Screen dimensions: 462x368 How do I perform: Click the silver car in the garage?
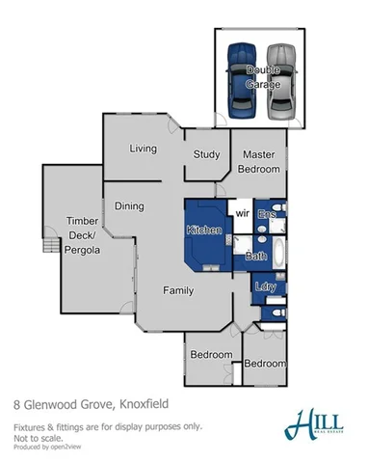pyautogui.click(x=279, y=79)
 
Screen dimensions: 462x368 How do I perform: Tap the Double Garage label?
pyautogui.click(x=262, y=76)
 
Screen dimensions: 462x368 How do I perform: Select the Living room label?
pyautogui.click(x=144, y=148)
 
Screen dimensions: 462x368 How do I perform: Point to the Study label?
pyautogui.click(x=206, y=153)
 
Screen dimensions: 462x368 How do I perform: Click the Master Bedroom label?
pyautogui.click(x=260, y=161)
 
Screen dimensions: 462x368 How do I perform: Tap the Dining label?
pyautogui.click(x=129, y=205)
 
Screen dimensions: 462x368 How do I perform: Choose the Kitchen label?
pyautogui.click(x=204, y=231)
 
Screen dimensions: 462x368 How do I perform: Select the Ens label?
pyautogui.click(x=267, y=213)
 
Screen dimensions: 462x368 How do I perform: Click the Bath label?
pyautogui.click(x=256, y=256)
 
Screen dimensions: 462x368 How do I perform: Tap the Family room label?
pyautogui.click(x=177, y=290)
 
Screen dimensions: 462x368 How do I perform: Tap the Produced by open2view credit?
pyautogui.click(x=47, y=447)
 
